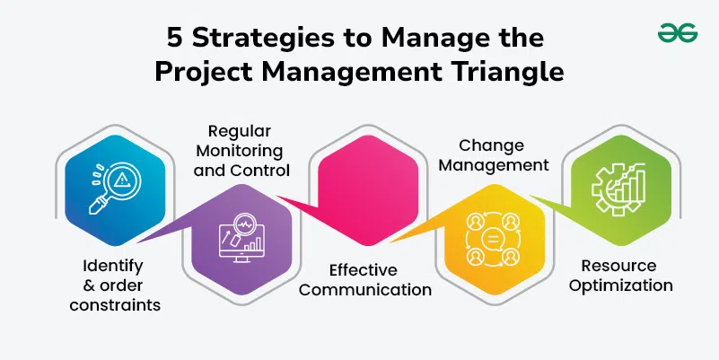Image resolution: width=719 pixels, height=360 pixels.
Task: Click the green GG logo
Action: (x=678, y=33)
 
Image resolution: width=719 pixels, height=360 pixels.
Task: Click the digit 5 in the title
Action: (x=174, y=38)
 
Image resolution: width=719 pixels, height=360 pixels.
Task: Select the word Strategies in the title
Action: (x=263, y=39)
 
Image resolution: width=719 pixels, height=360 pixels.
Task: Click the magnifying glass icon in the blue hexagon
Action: (x=115, y=188)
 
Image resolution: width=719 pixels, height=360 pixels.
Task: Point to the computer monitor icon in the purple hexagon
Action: (x=241, y=238)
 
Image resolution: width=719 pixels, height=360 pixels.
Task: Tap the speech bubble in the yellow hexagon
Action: (x=493, y=239)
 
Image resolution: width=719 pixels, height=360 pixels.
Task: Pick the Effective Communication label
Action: (x=365, y=279)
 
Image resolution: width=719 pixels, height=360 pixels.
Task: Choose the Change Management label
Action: (x=493, y=155)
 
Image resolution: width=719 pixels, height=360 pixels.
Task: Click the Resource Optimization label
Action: (x=620, y=275)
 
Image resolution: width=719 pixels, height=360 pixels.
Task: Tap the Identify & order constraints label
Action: (x=115, y=285)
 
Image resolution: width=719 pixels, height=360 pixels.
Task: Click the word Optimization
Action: (x=620, y=285)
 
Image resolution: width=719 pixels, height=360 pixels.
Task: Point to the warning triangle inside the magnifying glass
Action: (x=120, y=180)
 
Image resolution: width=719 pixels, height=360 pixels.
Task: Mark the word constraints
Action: (x=115, y=305)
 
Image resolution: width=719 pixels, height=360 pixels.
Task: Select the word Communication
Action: (x=365, y=289)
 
